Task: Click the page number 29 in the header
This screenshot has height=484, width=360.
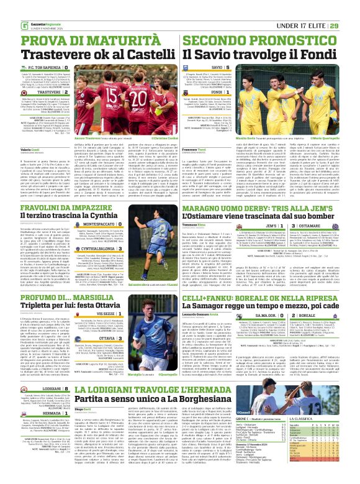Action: coord(351,8)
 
